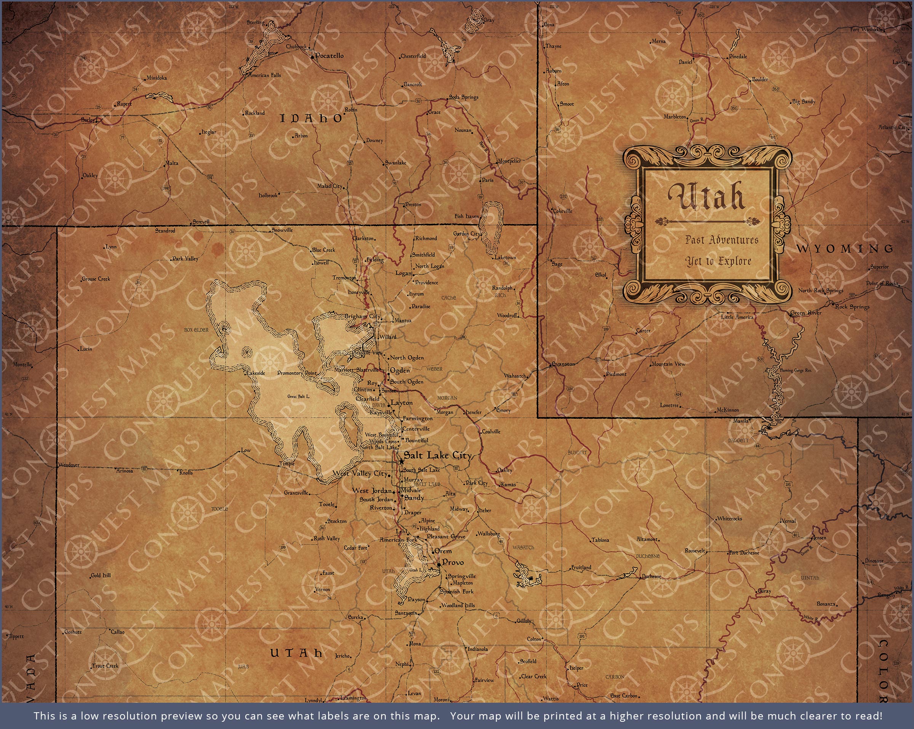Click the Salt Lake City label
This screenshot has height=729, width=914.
click(438, 456)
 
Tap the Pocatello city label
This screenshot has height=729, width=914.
click(329, 56)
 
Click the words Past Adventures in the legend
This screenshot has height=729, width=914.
click(722, 240)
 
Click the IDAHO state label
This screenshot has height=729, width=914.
click(311, 119)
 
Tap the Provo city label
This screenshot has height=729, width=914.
click(453, 562)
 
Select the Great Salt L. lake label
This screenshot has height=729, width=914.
click(299, 396)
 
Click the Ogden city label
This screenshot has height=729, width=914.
click(400, 370)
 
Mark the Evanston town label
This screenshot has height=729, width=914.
click(564, 364)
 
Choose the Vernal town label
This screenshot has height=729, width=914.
click(789, 521)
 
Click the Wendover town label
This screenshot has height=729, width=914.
click(69, 464)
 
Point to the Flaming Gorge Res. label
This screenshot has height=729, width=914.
click(795, 370)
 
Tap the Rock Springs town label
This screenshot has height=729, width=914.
click(852, 306)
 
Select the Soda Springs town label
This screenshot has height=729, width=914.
click(464, 97)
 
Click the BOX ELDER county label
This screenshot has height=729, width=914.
click(196, 330)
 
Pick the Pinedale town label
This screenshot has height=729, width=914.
click(738, 56)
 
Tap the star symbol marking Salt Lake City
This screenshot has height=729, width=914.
click(401, 461)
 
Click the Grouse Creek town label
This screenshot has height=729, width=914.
click(96, 279)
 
